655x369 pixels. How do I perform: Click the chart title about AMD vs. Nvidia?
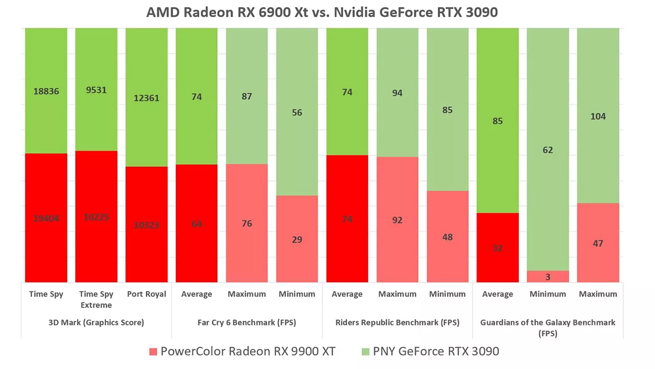pos(321,12)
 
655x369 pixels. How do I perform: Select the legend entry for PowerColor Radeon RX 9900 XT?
pos(242,352)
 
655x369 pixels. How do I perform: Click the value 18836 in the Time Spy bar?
pos(46,91)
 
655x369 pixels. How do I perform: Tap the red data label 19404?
pos(46,219)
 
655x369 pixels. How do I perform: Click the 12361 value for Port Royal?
pos(146,98)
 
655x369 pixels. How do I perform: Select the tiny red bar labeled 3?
pos(547,277)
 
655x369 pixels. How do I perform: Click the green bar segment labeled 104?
pos(598,116)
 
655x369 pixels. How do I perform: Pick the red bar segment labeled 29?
pos(297,239)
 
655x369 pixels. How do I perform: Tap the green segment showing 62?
pos(547,149)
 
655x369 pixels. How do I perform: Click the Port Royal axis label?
pos(146,294)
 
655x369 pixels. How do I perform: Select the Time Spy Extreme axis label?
pos(96,299)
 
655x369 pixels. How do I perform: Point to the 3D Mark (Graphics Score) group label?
pos(96,322)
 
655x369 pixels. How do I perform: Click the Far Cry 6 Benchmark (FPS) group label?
pos(247,322)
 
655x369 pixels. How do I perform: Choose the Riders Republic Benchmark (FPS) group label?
pos(397,322)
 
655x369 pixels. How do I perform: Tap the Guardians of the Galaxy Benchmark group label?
pos(547,327)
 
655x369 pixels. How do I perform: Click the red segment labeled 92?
pos(397,220)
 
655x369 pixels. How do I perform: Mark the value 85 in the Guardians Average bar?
pos(497,121)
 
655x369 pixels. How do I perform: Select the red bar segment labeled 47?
pos(598,243)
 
